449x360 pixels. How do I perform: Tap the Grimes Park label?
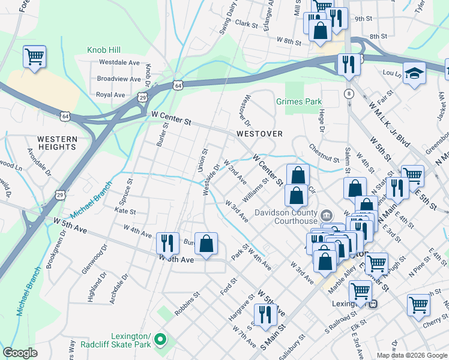click(x=299, y=101)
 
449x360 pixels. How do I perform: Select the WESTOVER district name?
click(x=259, y=134)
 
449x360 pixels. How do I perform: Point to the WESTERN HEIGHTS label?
click(x=57, y=143)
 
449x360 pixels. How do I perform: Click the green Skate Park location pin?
click(x=160, y=340)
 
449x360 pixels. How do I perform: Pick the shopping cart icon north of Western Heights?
click(x=34, y=58)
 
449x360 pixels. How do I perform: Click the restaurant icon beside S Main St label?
click(x=264, y=314)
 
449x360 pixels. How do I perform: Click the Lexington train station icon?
click(x=373, y=304)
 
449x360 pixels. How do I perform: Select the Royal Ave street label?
click(x=110, y=95)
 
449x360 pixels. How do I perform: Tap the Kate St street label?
click(x=125, y=211)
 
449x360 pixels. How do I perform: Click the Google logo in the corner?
click(x=20, y=353)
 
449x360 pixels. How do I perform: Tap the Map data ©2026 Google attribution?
click(x=411, y=355)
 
